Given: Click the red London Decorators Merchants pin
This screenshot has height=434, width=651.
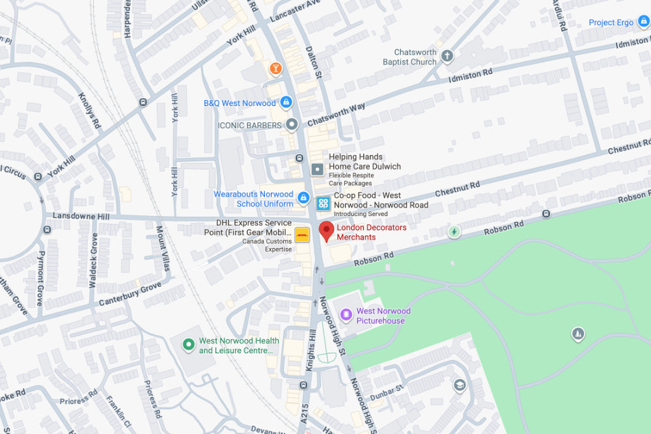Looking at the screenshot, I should pos(326,231).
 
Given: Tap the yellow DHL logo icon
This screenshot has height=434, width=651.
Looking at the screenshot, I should pos(302,235).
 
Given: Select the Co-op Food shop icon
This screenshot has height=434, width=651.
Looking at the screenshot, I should pos(323,204).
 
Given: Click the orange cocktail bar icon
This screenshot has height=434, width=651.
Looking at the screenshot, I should pos(275,68).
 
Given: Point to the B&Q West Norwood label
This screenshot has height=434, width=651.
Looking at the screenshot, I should pos(240,103).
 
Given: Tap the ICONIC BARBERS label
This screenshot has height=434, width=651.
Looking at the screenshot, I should pos(249,125).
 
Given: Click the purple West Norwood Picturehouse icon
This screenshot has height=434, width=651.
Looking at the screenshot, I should pos(346,315).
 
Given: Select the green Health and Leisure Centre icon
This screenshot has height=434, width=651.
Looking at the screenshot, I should pos(189,344).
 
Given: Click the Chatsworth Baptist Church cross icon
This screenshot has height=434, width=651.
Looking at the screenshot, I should pos(447,56).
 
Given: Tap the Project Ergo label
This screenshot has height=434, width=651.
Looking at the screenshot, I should pos(611,22).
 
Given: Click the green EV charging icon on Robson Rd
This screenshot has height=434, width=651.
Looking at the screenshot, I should pos(454,231).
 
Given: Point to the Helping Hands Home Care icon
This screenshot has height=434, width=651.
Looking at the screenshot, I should pos(317,170).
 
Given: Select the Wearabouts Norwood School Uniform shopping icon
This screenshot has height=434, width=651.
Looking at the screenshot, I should pos(303,197).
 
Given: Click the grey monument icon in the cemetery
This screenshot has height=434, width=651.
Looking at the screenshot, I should pos(577,334).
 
